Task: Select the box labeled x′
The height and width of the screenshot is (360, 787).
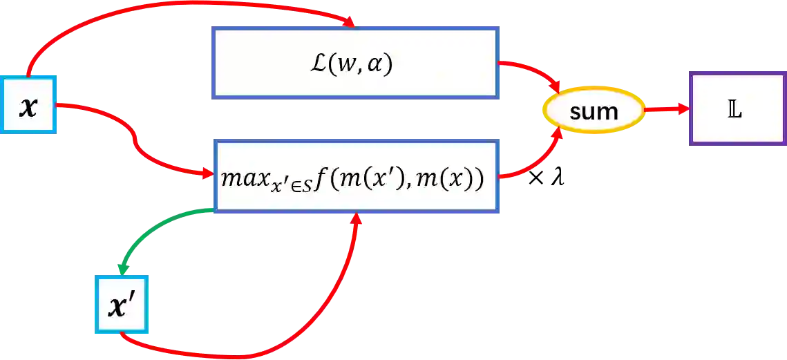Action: (x=122, y=305)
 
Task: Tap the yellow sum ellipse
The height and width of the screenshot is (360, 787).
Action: (x=594, y=111)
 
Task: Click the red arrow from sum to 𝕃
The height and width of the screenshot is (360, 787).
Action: (x=666, y=109)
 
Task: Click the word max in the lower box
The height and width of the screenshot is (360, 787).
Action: (x=238, y=176)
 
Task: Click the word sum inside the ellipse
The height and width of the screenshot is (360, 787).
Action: (x=594, y=111)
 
